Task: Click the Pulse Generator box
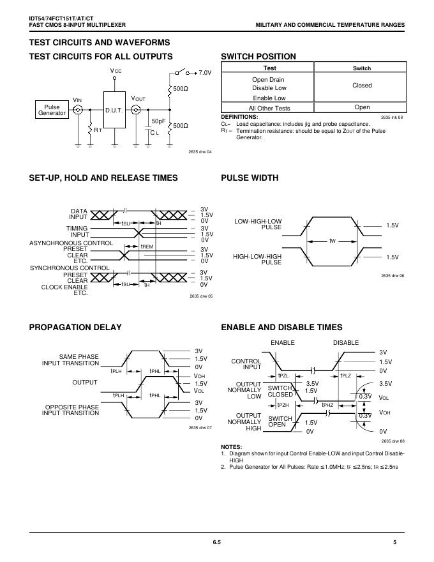tap(52, 109)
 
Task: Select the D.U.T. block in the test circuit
tap(116, 110)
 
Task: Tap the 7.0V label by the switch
tap(205, 73)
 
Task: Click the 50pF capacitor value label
tap(158, 121)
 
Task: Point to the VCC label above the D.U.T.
tap(116, 70)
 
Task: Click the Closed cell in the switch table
tap(362, 85)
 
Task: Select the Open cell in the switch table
tap(362, 108)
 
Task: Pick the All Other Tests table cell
tap(269, 108)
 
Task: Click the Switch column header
tap(362, 68)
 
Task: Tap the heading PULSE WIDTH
tap(250, 178)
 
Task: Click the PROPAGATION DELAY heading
tap(75, 328)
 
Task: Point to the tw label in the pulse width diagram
tap(333, 241)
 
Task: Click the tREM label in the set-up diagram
tap(147, 246)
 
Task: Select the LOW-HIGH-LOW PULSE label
tap(258, 224)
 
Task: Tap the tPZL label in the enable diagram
tap(283, 376)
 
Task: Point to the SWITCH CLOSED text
tap(280, 391)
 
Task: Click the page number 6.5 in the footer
tap(217, 543)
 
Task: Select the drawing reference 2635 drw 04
tap(200, 151)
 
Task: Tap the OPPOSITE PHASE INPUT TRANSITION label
tap(70, 410)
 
